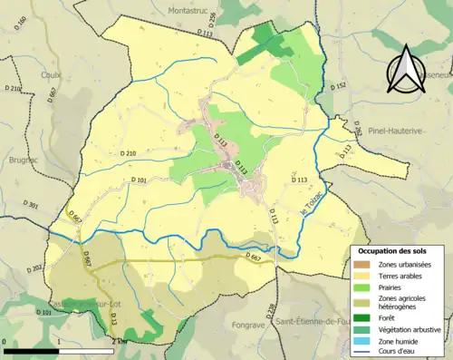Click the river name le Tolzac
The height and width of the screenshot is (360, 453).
point(313,209)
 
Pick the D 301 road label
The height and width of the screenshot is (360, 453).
point(26,207)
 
